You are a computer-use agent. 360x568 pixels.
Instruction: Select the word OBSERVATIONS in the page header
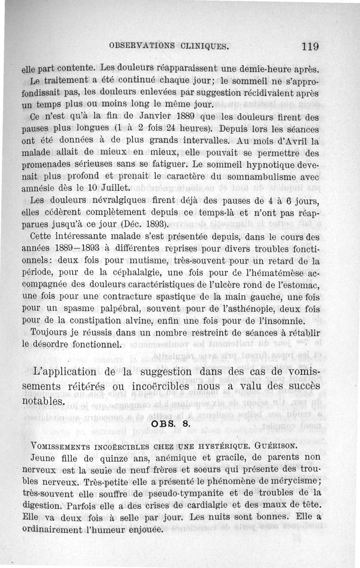point(141,46)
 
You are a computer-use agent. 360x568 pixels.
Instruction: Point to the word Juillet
point(113,187)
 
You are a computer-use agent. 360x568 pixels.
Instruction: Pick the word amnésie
point(39,187)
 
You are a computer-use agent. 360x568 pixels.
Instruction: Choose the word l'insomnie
point(281,320)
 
